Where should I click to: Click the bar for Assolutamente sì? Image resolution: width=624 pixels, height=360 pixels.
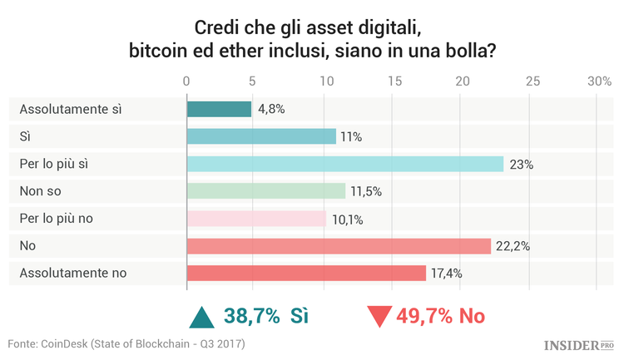coord(219,109)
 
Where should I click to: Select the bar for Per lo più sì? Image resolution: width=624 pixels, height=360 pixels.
coord(344,164)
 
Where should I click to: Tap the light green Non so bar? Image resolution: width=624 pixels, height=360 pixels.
coord(265,191)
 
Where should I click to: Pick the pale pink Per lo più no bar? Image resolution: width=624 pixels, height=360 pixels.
coord(256,219)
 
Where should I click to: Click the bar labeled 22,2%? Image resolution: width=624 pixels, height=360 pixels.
coord(339,245)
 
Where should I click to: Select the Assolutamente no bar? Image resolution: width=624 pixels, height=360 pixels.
coord(306,273)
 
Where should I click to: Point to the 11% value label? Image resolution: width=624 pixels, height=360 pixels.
coord(351,137)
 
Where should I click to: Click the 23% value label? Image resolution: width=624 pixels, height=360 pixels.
coord(522,165)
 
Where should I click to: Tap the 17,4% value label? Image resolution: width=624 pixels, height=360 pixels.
coord(446,273)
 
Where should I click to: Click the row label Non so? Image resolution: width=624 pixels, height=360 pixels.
coord(41,191)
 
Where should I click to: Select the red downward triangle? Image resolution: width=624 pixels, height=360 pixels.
coord(379,317)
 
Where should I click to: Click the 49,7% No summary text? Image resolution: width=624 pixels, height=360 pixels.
coord(441,316)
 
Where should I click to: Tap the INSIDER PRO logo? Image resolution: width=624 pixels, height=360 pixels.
coord(578,344)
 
